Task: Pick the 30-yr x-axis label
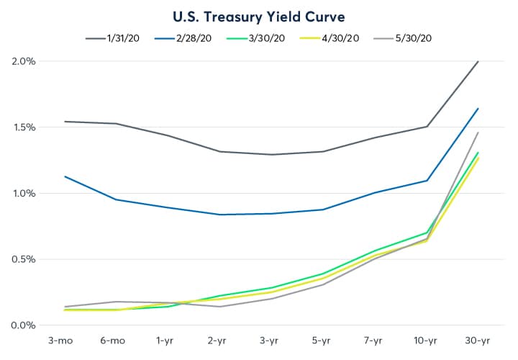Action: click(x=478, y=339)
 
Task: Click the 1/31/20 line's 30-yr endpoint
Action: click(x=478, y=62)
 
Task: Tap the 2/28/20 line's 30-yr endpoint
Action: click(x=478, y=109)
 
